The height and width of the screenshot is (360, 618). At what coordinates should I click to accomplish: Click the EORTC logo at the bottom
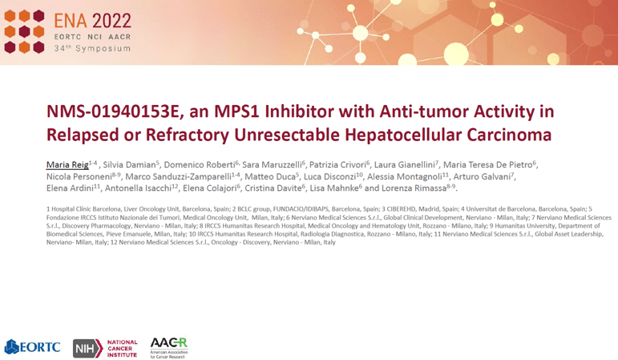coord(32,347)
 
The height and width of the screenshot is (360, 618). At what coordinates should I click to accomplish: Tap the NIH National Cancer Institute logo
coord(105,349)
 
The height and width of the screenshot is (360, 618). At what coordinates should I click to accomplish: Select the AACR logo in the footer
coord(169,348)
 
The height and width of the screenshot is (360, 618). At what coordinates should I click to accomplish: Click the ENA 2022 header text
coord(93,21)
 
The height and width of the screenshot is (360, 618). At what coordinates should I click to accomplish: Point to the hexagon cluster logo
coord(24,31)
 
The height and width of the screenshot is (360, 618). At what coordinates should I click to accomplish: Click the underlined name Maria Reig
coord(67,165)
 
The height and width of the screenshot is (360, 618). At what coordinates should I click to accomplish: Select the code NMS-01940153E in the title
coord(113,111)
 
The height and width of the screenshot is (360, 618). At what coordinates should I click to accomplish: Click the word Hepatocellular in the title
coord(403,135)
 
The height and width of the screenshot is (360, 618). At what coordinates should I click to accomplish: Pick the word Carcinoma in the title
coord(509,135)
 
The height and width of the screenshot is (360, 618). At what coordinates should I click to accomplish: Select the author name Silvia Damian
coord(129,165)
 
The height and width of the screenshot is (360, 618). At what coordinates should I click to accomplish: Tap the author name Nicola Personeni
coord(79,176)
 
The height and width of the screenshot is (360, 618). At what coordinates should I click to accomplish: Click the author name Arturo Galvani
coord(482,176)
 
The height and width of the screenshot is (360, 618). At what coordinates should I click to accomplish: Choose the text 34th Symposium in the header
coord(92,48)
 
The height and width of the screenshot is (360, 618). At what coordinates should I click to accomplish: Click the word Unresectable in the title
coord(287,135)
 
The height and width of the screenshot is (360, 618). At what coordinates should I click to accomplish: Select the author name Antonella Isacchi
coord(138,188)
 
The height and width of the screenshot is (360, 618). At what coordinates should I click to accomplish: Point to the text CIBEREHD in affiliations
coord(401,209)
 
